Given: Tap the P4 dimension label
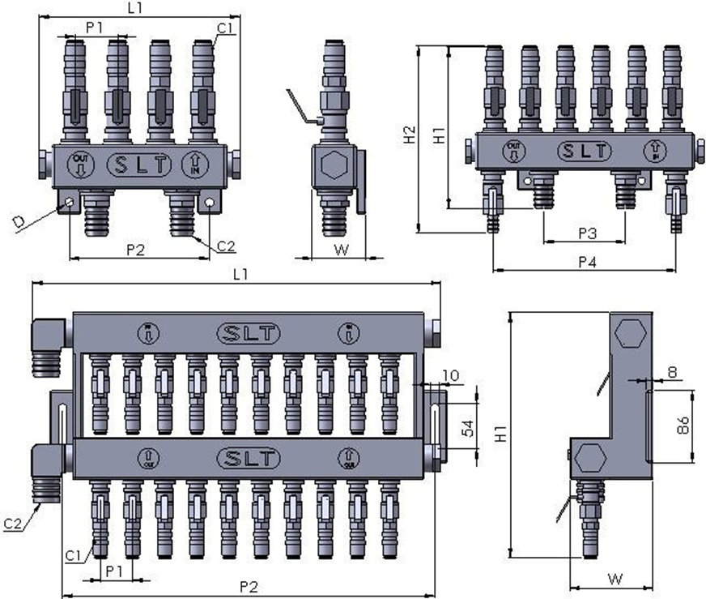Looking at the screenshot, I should coord(589,262).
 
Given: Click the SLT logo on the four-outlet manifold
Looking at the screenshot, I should coord(140,165).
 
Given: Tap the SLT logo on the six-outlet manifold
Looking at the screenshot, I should coord(585,151).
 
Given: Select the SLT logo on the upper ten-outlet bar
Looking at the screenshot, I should coord(249,332).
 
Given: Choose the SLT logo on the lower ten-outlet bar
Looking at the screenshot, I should coord(249,459).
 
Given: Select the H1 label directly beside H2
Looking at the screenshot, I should coord(438,136).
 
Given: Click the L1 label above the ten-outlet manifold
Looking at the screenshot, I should coord(240,275).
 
